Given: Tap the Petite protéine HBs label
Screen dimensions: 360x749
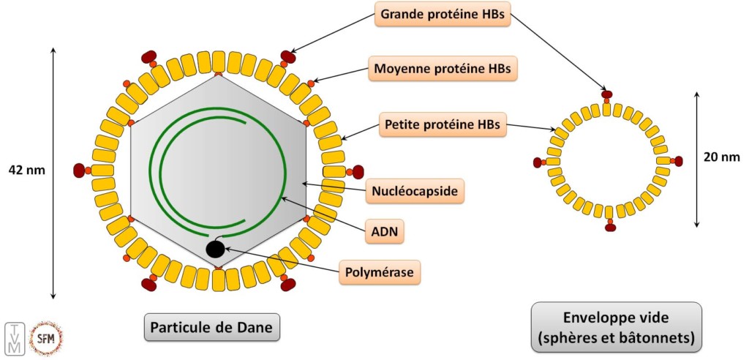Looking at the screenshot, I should [442, 124].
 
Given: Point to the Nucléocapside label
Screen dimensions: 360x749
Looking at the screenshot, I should [415, 192].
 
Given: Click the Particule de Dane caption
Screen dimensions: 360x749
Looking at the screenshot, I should [211, 328].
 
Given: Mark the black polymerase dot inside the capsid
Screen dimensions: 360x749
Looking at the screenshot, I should [215, 250].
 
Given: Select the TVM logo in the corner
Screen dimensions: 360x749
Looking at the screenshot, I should [15, 339].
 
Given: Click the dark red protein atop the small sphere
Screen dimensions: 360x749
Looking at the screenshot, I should [606, 94].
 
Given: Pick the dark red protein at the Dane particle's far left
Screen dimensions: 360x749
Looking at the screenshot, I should [80, 170].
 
